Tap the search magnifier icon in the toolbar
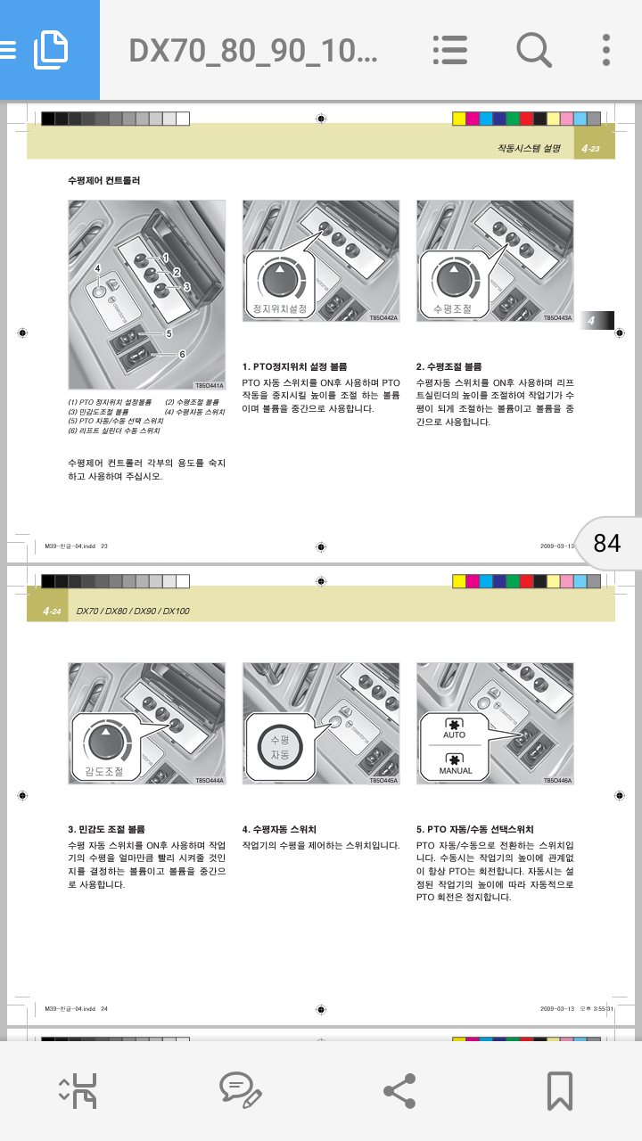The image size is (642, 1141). [x=533, y=50]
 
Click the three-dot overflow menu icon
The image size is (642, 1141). [x=606, y=50]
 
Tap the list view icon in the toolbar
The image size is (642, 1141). [x=450, y=50]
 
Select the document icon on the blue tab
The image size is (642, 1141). [x=50, y=50]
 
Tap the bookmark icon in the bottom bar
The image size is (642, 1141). [x=559, y=1090]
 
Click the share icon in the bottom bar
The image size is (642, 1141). [x=399, y=1090]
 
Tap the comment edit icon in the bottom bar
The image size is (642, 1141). [x=240, y=1090]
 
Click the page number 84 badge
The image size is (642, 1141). [x=607, y=543]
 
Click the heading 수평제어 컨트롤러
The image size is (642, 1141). [x=104, y=181]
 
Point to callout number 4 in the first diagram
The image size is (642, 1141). [x=97, y=268]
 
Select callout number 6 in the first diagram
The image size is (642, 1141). [x=182, y=354]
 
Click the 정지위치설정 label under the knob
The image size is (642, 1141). [x=280, y=309]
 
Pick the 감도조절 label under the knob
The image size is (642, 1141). [x=104, y=772]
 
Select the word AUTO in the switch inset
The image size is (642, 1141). [x=454, y=735]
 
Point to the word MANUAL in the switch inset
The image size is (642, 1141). [x=455, y=771]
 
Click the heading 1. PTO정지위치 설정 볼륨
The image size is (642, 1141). [x=295, y=366]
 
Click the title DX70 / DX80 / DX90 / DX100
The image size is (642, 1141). [x=133, y=612]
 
